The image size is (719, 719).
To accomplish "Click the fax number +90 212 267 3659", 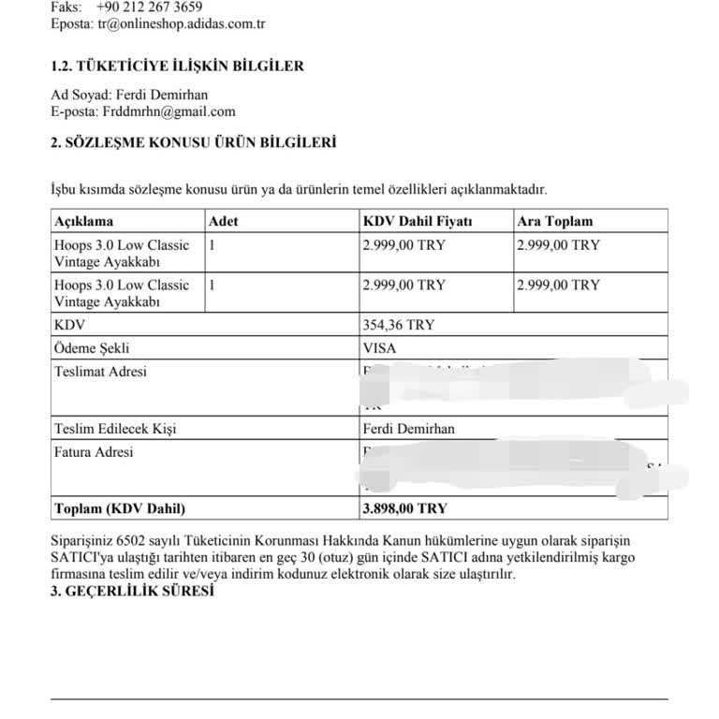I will (150, 7).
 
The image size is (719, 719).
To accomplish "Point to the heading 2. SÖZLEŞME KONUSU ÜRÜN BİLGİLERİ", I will (194, 142).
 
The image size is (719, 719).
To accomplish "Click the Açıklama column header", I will (83, 222).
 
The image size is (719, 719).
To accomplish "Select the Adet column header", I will (225, 222).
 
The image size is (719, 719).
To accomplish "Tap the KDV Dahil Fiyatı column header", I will (417, 222).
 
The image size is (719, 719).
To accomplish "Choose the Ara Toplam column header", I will (555, 222).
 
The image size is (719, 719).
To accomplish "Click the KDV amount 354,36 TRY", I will (398, 325).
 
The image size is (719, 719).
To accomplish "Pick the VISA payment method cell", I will (379, 348).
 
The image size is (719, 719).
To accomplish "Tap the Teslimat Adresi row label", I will (100, 372).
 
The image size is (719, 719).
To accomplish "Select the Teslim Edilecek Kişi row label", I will (115, 430).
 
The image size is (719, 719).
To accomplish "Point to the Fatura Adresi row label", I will (94, 453).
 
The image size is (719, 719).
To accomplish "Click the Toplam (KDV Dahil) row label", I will (120, 508).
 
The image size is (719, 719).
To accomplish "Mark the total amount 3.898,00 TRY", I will (404, 508).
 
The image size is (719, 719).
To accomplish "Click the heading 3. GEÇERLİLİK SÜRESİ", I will (132, 592).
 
